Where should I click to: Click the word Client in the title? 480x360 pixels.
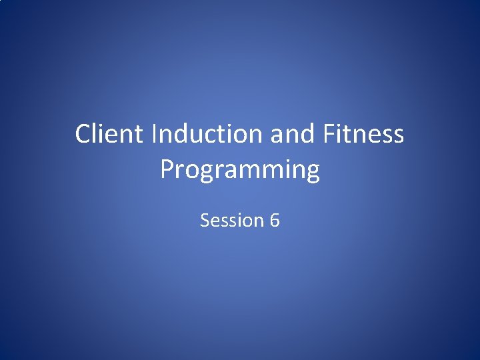[x=109, y=134]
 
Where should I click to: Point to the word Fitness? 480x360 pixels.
[x=363, y=134]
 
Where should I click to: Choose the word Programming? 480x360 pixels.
[x=240, y=171]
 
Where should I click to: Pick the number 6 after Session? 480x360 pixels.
[x=275, y=220]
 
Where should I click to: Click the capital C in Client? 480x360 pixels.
[x=83, y=134]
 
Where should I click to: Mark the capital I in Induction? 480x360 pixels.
[x=155, y=134]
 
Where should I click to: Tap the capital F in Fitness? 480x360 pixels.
[x=329, y=134]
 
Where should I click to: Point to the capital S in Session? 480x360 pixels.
[x=205, y=220]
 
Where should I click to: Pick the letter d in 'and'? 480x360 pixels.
[x=308, y=134]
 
